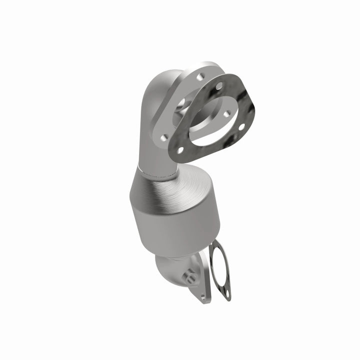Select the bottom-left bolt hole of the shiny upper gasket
pyautogui.click(x=178, y=149)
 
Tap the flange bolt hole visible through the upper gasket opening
pyautogui.click(x=226, y=114)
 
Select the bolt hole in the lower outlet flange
pyautogui.click(x=203, y=296)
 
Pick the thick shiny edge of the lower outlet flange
pyautogui.click(x=206, y=280)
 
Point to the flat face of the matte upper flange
pyautogui.click(x=170, y=125)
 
